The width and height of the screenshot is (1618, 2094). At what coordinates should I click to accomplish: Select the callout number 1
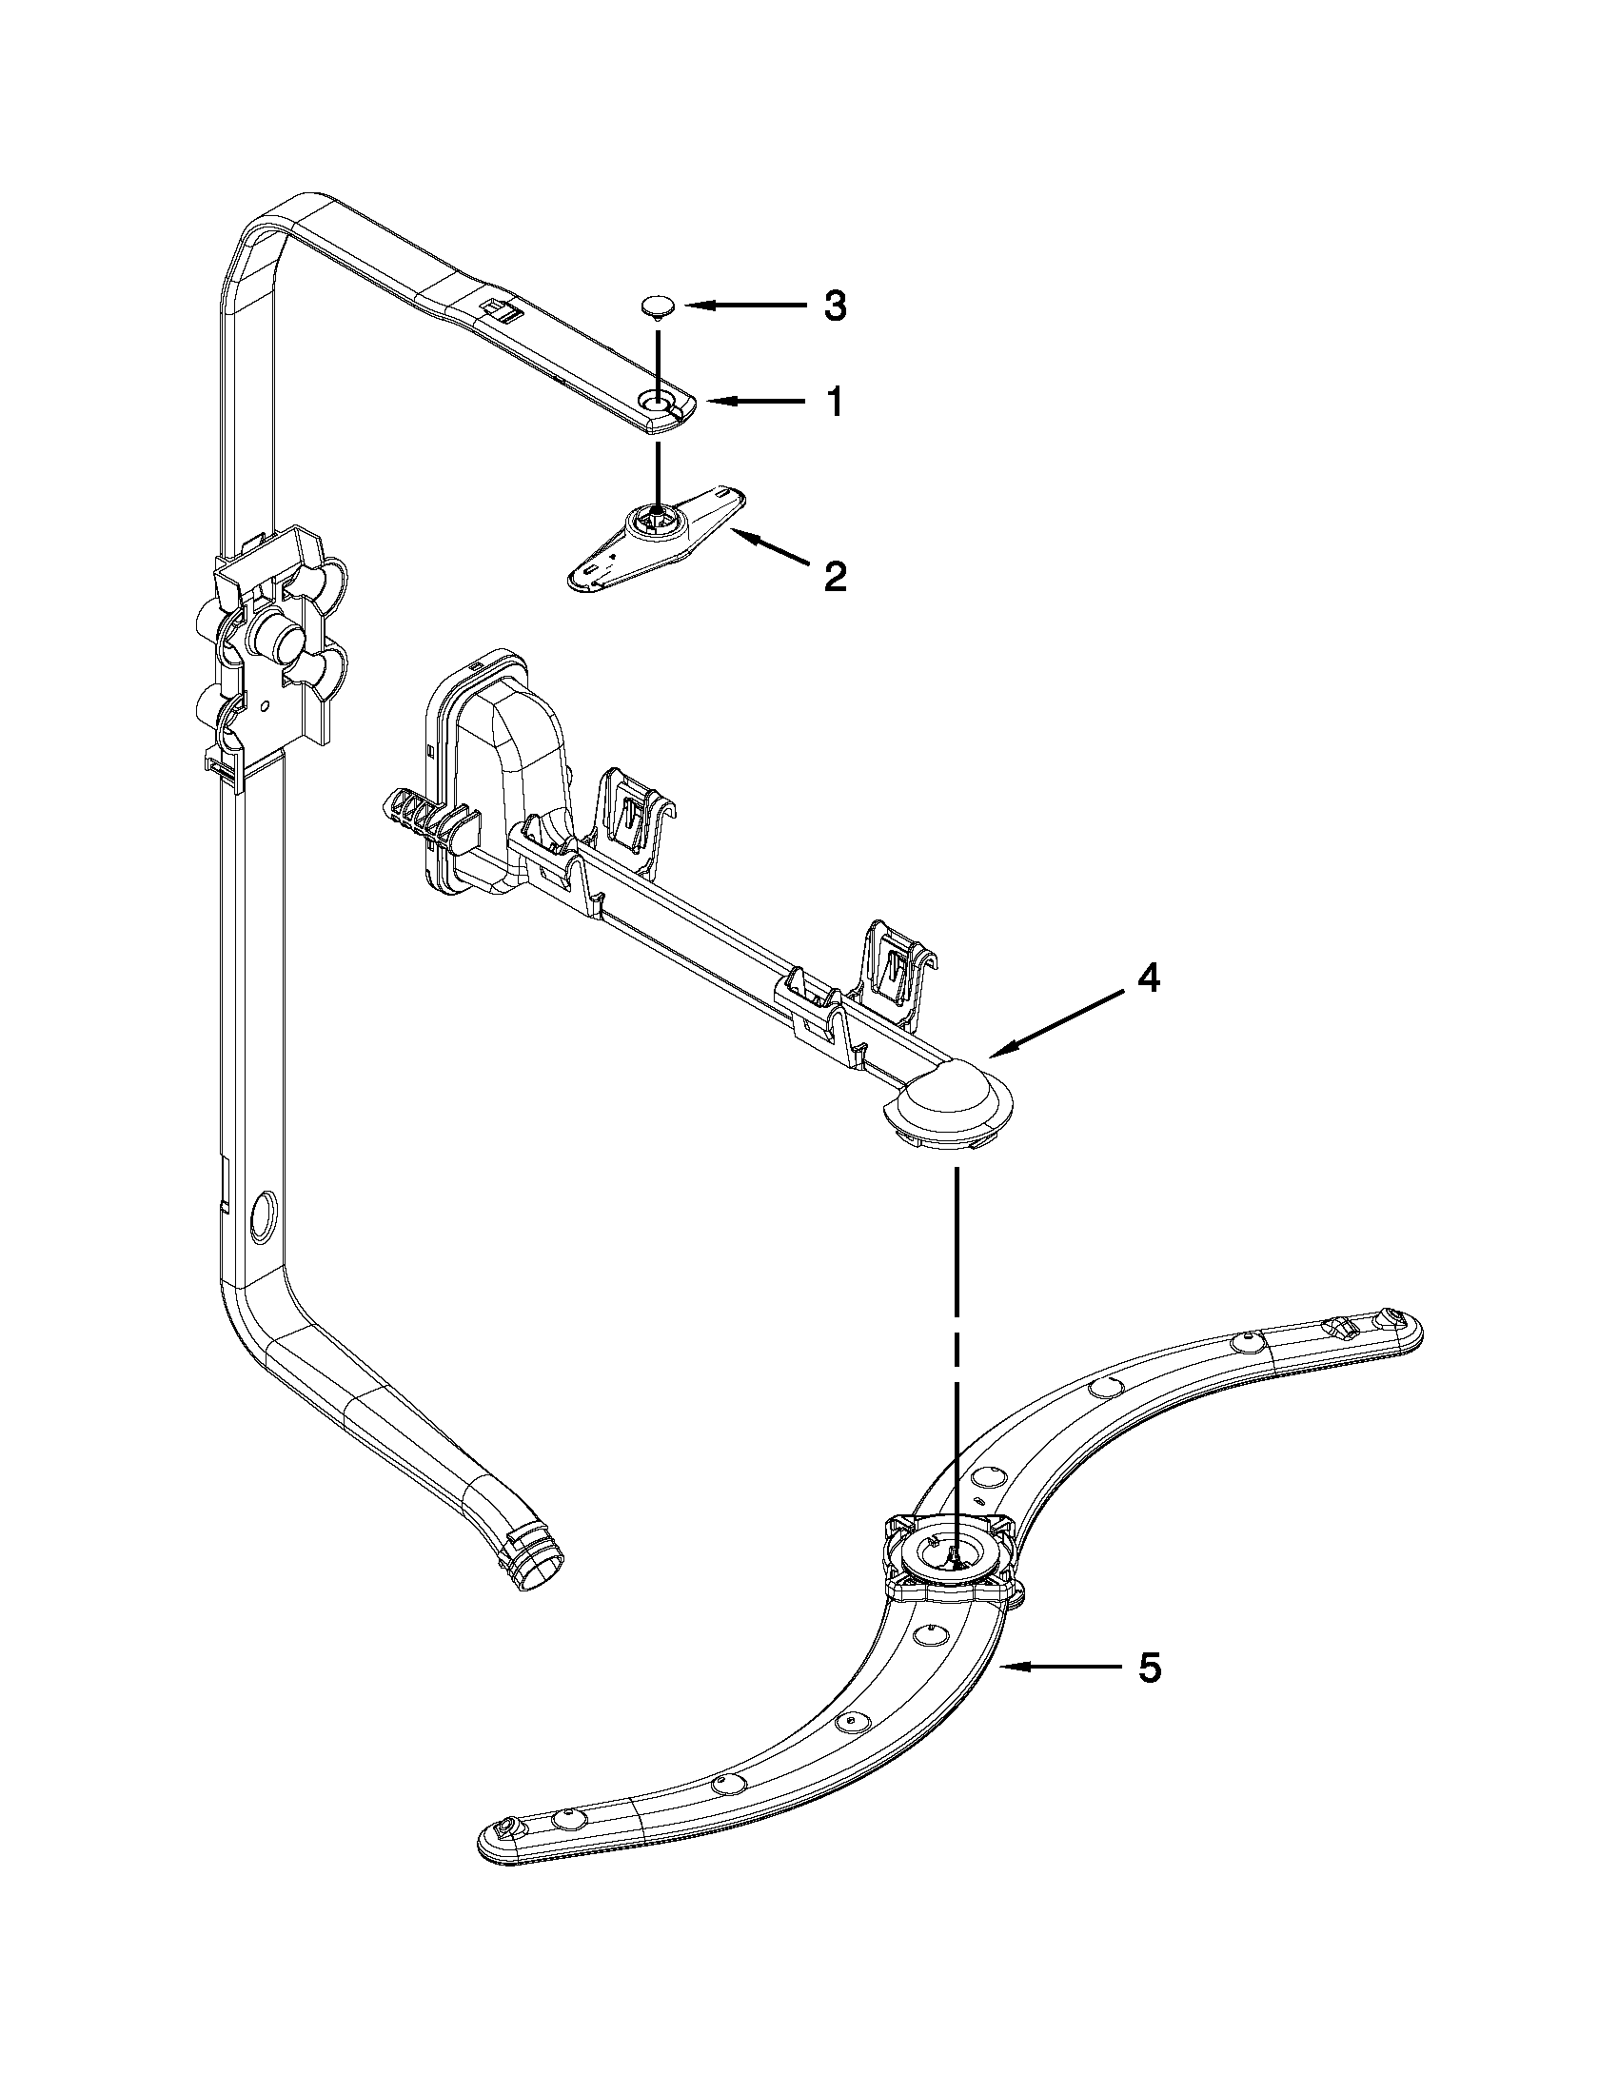[x=836, y=403]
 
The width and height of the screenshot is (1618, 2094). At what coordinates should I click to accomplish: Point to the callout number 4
[x=1149, y=978]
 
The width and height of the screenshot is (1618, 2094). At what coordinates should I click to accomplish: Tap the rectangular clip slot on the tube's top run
[x=500, y=308]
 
